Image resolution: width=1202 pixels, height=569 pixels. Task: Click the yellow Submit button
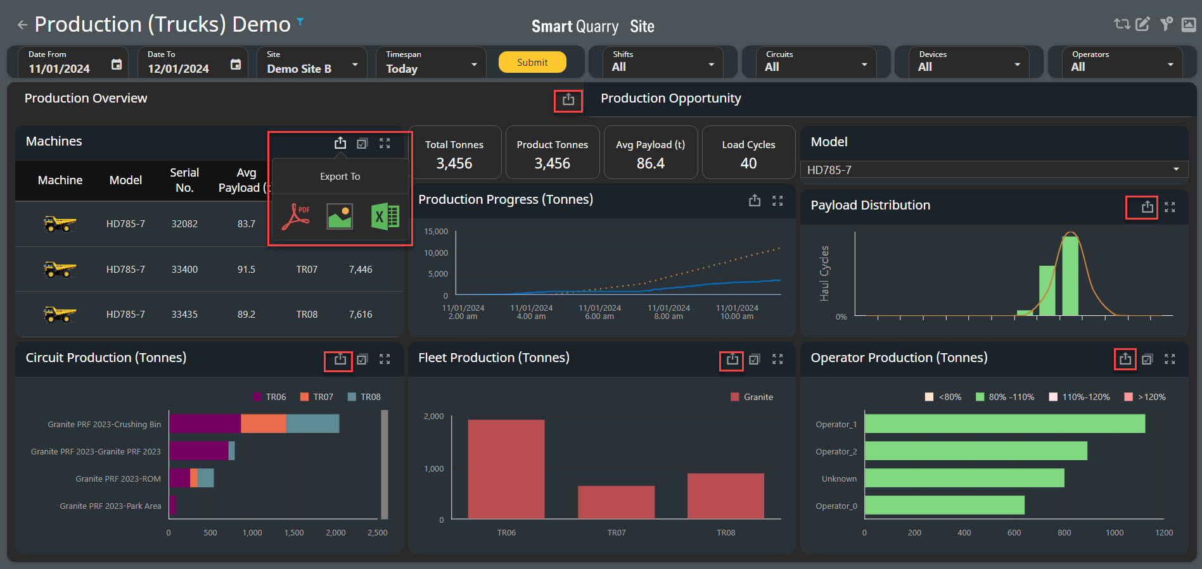(532, 62)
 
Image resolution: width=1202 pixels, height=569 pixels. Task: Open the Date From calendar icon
(117, 64)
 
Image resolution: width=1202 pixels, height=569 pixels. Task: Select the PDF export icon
(296, 216)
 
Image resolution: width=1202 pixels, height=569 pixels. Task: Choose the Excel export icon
(385, 216)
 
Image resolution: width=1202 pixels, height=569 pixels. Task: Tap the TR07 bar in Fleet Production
(616, 503)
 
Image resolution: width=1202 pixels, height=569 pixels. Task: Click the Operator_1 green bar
(1005, 423)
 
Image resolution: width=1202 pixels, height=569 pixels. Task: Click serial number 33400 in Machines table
(184, 269)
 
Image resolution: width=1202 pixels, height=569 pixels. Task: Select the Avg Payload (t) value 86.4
(651, 163)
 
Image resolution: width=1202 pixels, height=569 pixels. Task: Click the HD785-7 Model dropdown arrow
(1176, 170)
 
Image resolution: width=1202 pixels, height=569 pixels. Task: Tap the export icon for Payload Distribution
(1148, 207)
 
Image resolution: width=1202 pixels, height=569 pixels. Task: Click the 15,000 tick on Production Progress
(436, 232)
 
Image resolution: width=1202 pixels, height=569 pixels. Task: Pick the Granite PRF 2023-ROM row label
(118, 478)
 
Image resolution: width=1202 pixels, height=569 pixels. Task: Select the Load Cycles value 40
(748, 163)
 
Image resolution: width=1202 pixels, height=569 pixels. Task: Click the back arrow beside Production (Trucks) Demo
(22, 25)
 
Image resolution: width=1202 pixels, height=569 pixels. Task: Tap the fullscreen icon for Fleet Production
(777, 359)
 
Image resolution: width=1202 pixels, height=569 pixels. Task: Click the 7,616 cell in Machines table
(361, 314)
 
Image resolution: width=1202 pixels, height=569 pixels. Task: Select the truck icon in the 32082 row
(60, 224)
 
